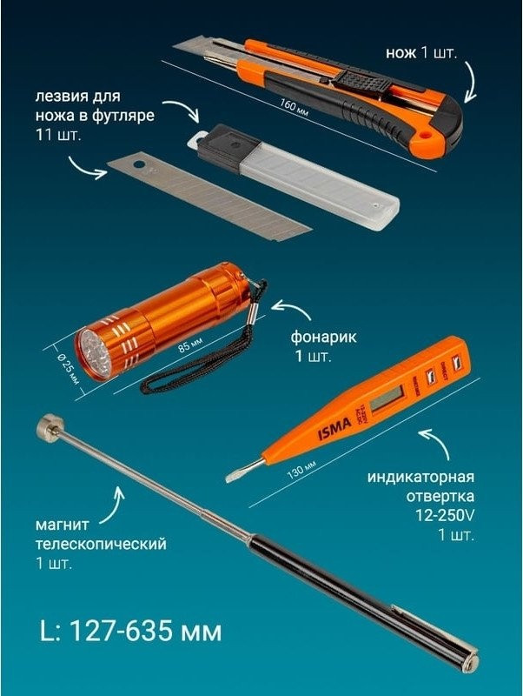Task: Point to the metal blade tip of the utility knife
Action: (x=188, y=43)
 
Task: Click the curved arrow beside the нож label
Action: (x=471, y=80)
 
